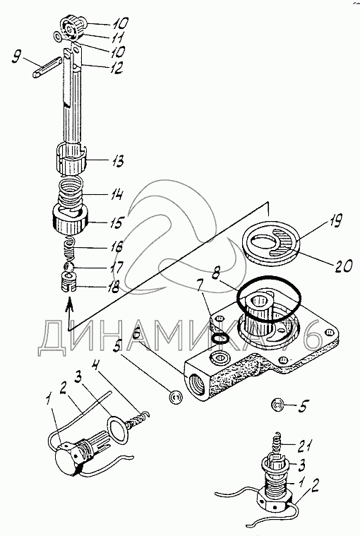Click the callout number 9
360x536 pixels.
[16, 56]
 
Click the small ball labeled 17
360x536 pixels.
[68, 267]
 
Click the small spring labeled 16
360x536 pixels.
[70, 249]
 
